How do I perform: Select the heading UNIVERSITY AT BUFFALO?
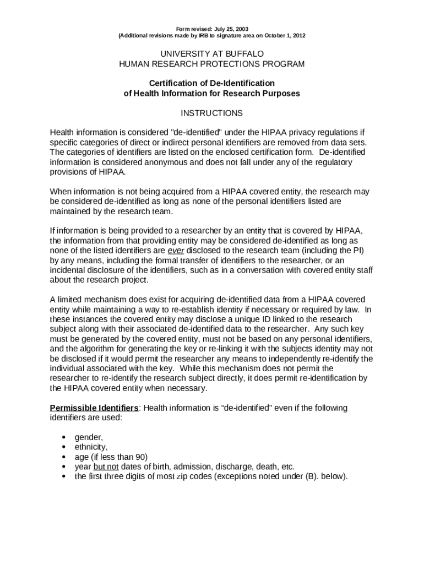click(212, 54)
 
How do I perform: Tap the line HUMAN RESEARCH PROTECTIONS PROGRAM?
click(212, 64)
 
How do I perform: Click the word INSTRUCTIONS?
click(212, 113)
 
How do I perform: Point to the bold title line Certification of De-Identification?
click(212, 83)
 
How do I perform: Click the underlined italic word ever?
click(176, 251)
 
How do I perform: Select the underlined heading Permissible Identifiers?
click(94, 408)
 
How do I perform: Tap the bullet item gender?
click(89, 437)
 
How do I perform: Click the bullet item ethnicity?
click(91, 447)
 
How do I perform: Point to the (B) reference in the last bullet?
click(312, 477)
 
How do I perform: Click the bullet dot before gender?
click(64, 438)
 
